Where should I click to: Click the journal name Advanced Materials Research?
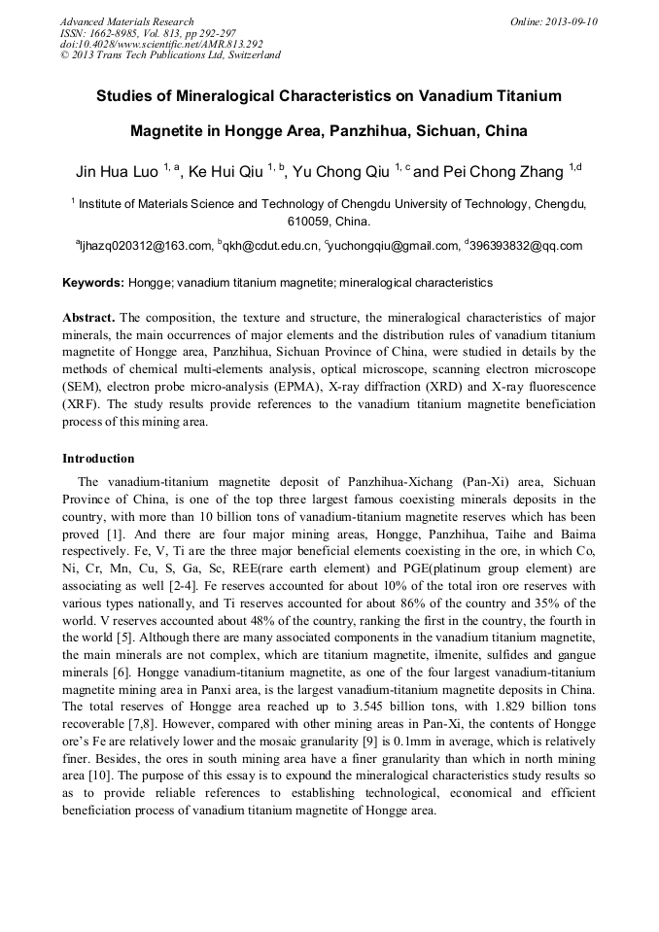click(126, 21)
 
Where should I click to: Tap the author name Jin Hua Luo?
click(117, 173)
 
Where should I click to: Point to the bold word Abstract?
click(88, 319)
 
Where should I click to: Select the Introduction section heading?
click(98, 459)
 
